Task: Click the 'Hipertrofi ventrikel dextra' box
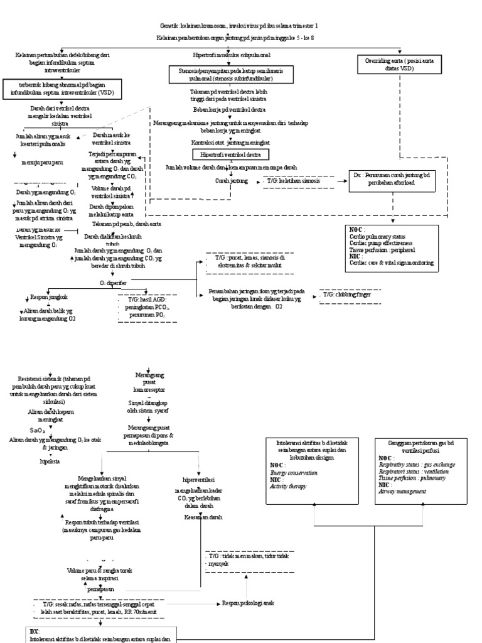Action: click(x=231, y=154)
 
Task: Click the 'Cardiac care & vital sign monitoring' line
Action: click(x=392, y=263)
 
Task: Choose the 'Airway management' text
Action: click(x=402, y=492)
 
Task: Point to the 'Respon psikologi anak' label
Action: click(x=249, y=603)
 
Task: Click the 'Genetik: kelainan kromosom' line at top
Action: click(x=238, y=26)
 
